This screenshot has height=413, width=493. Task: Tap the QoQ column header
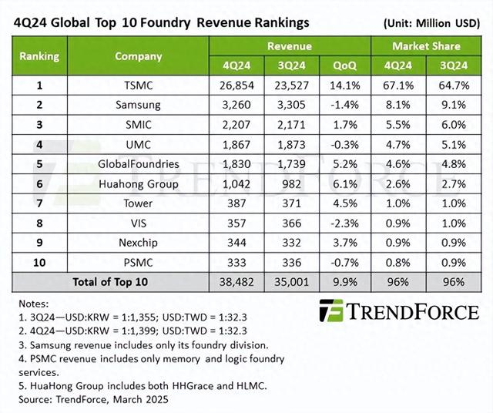344,64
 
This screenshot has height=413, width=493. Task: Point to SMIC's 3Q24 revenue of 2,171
290,123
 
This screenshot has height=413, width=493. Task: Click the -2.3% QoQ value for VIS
344,223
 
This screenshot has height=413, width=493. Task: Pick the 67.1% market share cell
394,83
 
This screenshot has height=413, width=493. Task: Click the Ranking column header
39,55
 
